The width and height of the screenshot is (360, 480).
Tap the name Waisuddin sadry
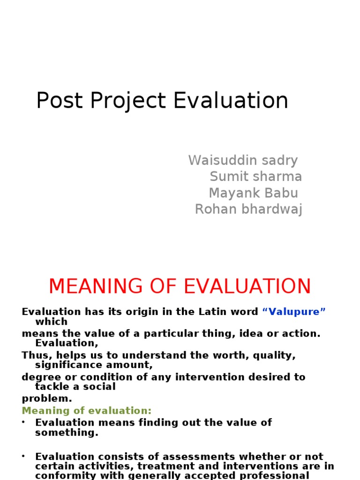(243, 160)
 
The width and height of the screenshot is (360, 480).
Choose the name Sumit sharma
(255, 177)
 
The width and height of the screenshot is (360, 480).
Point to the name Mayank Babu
(253, 193)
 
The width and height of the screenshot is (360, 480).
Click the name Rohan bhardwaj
(248, 209)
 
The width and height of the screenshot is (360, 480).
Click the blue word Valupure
(294, 312)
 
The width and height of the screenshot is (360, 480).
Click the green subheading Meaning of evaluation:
(87, 411)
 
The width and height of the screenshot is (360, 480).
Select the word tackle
(51, 386)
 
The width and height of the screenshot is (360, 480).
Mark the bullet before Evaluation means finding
(24, 422)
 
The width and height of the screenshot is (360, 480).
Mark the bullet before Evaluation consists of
(24, 457)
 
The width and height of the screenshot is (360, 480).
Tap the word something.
(67, 433)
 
